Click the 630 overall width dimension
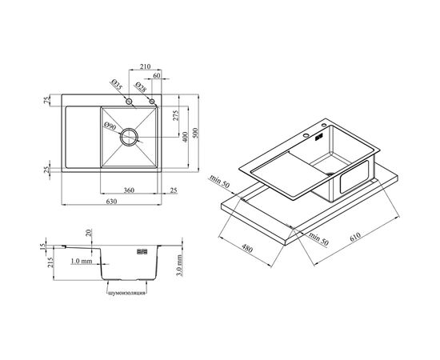(111, 202)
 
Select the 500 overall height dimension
(195, 133)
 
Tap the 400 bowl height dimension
(186, 137)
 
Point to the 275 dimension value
(175, 116)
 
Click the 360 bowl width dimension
(129, 190)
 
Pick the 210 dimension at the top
(145, 66)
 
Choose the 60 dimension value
(157, 75)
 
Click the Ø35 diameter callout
(117, 85)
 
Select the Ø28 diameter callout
(140, 87)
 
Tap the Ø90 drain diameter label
(110, 126)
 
